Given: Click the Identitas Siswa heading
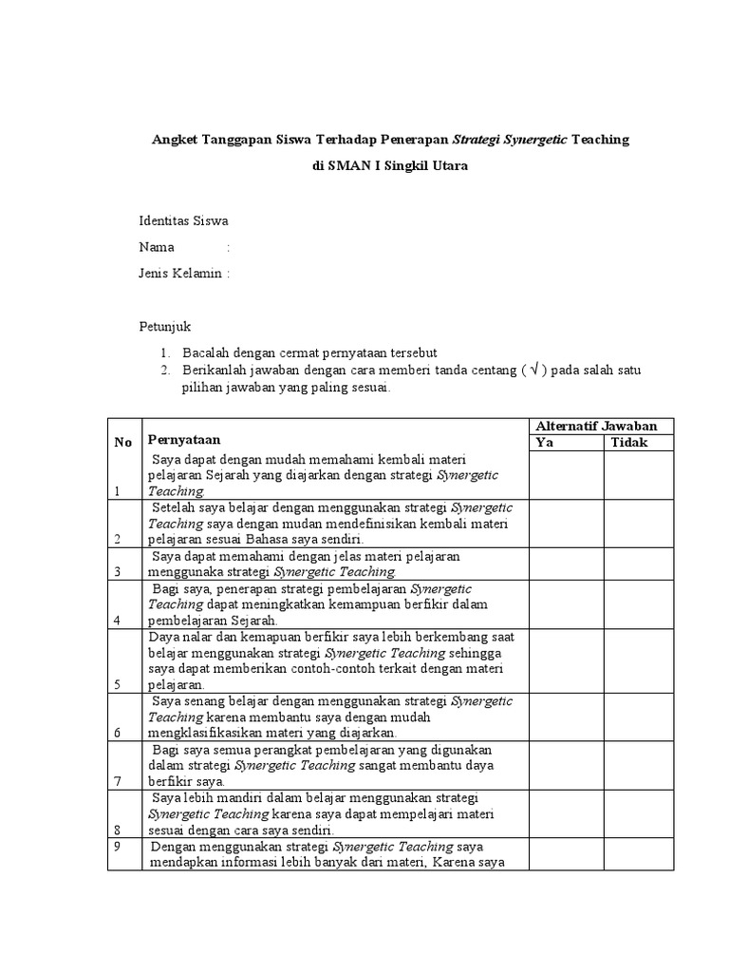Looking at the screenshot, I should [x=183, y=221].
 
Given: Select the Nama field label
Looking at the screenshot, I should [x=157, y=247].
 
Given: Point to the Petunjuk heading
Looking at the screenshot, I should [x=165, y=327].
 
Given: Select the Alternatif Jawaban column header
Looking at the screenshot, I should [x=603, y=426].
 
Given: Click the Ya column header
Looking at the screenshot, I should [x=545, y=443].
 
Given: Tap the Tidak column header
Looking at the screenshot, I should [x=629, y=443].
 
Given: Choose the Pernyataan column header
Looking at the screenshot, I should [x=184, y=439].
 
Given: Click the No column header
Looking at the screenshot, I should [x=123, y=442].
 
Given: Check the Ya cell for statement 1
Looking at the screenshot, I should [x=566, y=475].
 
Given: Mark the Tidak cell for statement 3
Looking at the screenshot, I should [x=641, y=563].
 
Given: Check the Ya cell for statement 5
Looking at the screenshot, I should [x=566, y=660].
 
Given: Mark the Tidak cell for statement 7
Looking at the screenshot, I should [x=641, y=765].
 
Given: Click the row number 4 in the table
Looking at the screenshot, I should [x=118, y=620].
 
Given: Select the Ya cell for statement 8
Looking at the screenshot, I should [x=566, y=812].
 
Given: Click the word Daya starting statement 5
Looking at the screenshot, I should [x=162, y=637].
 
